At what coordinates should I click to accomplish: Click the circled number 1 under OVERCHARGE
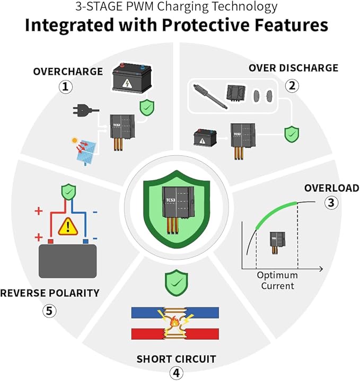click(x=66, y=87)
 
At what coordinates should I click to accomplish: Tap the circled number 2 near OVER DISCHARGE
click(x=292, y=85)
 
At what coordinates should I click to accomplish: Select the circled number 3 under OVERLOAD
click(x=331, y=202)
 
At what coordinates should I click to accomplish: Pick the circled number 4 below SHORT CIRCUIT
click(x=176, y=373)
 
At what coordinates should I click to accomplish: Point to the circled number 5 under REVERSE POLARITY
click(x=49, y=311)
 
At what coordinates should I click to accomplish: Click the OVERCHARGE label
click(x=68, y=72)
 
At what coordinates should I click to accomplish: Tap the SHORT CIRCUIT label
click(x=176, y=359)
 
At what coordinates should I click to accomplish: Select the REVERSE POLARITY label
click(x=50, y=293)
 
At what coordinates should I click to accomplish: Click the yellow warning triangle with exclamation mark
click(x=68, y=226)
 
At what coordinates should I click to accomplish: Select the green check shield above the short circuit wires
click(x=176, y=282)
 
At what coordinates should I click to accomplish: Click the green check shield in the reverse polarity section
click(x=68, y=192)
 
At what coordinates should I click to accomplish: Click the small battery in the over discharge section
click(x=205, y=138)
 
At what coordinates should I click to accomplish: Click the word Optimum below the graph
click(x=277, y=276)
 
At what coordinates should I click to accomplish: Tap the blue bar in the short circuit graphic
click(x=175, y=313)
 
